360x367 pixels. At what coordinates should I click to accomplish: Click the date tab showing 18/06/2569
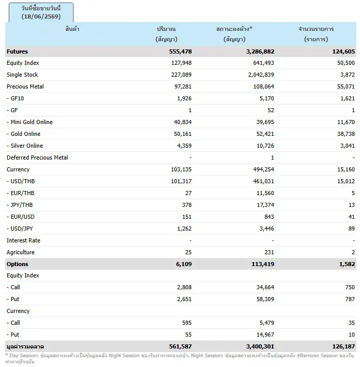pyautogui.click(x=41, y=12)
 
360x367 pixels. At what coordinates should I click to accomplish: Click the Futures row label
pyautogui.click(x=17, y=51)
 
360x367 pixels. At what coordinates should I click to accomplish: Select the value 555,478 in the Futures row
pyautogui.click(x=181, y=51)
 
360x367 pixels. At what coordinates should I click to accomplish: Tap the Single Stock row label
pyautogui.click(x=22, y=75)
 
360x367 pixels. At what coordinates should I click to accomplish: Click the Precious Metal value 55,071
pyautogui.click(x=346, y=86)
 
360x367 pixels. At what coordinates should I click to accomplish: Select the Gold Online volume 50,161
pyautogui.click(x=183, y=134)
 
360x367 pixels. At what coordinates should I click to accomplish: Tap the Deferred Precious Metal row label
pyautogui.click(x=37, y=158)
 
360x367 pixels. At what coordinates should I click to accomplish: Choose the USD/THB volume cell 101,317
pyautogui.click(x=181, y=181)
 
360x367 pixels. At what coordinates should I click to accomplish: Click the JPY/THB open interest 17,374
pyautogui.click(x=265, y=205)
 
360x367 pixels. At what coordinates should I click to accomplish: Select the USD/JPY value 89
pyautogui.click(x=351, y=229)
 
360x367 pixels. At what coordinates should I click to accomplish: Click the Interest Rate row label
pyautogui.click(x=23, y=240)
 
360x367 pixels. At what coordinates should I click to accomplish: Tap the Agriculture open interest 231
pyautogui.click(x=269, y=252)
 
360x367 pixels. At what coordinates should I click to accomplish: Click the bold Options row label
pyautogui.click(x=17, y=264)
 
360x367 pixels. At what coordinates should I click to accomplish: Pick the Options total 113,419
pyautogui.click(x=263, y=264)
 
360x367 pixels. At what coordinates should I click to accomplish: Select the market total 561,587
pyautogui.click(x=181, y=346)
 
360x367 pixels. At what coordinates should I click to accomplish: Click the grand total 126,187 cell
pyautogui.click(x=344, y=346)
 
